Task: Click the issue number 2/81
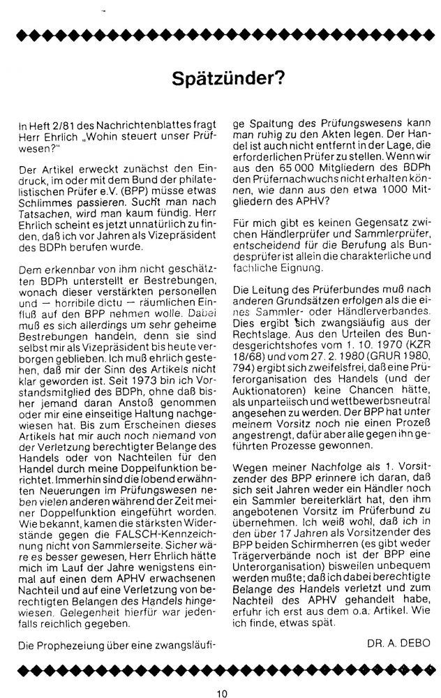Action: pos(58,124)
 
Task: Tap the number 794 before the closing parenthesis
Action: pos(242,381)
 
